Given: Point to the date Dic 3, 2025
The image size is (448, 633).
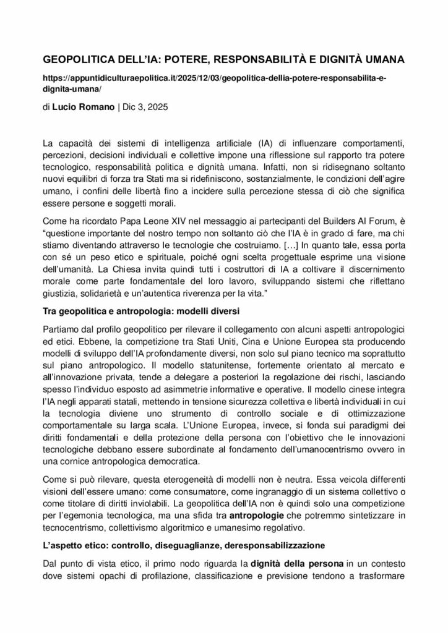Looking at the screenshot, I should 140,107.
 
